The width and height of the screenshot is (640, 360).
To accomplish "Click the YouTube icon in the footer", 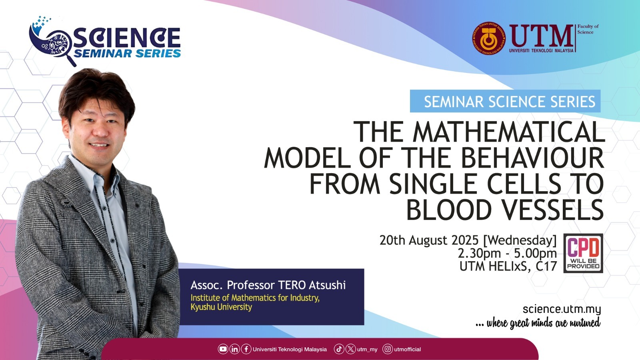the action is point(223,349).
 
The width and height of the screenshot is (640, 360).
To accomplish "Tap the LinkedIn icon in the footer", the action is point(234,349).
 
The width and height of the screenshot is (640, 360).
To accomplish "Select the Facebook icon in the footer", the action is point(246,349).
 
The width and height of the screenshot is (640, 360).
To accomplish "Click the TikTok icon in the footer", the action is point(339,349).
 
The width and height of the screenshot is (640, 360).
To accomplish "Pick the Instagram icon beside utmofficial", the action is point(388,349).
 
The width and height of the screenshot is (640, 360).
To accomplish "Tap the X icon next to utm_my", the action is point(350,349).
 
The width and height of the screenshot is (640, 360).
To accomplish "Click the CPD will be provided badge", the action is point(583,253).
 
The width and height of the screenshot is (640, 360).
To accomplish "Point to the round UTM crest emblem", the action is point(489,38).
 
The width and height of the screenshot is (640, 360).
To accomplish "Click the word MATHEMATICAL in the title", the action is point(509,132).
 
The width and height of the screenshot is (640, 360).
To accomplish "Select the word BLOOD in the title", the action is point(448,210).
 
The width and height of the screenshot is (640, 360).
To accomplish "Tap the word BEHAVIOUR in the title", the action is point(532,158).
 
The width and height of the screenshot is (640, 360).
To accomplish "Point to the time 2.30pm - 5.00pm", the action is point(507,253).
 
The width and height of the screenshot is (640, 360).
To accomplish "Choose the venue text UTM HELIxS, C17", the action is point(508,266).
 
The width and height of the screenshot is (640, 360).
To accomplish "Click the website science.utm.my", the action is point(562,309).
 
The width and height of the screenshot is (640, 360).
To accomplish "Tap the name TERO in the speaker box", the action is point(292,285).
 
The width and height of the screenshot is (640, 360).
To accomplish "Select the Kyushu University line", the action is point(221,307).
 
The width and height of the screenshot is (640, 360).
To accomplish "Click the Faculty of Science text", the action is point(588,29).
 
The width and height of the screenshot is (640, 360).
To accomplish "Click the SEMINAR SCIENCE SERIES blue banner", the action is point(505,101).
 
